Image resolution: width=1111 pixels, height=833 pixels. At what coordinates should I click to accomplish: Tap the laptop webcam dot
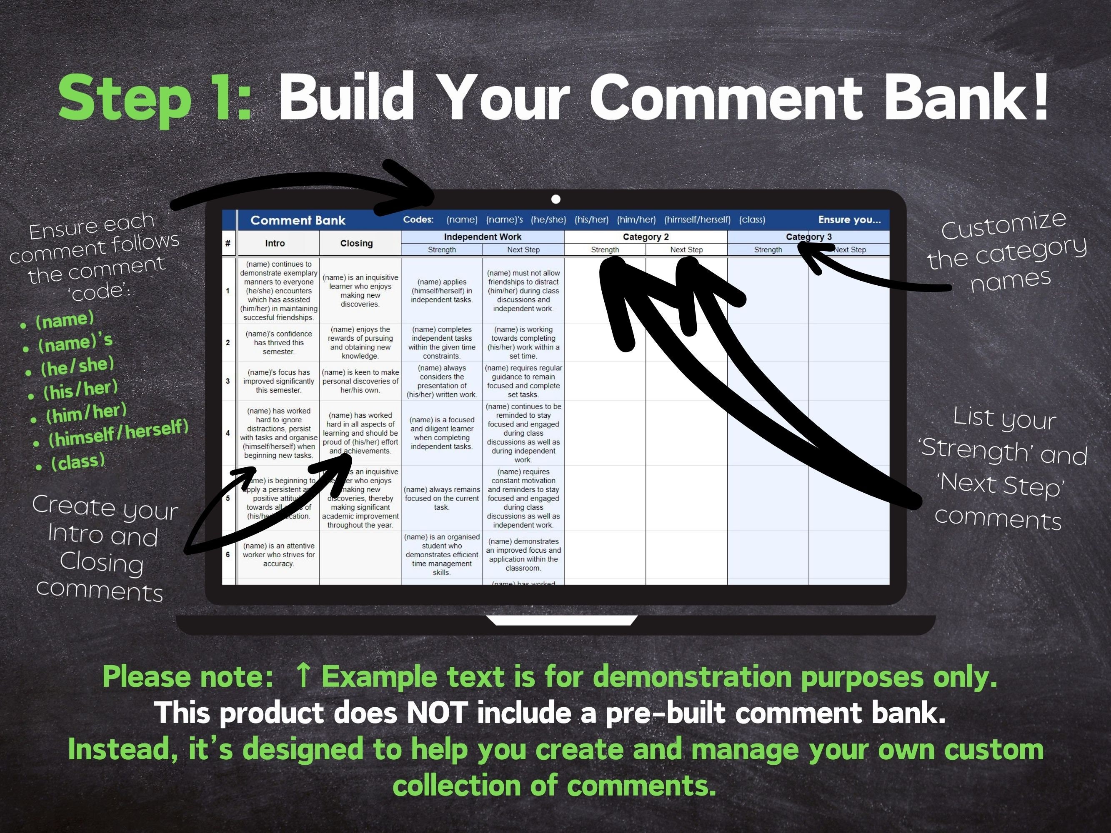click(555, 200)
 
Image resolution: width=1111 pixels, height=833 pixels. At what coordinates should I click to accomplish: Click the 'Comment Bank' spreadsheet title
click(298, 220)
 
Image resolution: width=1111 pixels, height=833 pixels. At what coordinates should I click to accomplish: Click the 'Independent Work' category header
click(482, 237)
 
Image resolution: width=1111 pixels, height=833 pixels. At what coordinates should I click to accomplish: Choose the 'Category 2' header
click(646, 237)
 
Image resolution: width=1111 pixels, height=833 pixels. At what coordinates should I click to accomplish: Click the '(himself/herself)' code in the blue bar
click(697, 220)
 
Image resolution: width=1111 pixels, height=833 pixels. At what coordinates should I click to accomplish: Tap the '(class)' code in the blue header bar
click(752, 220)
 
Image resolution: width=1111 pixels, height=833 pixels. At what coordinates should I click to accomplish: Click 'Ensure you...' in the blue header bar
click(849, 220)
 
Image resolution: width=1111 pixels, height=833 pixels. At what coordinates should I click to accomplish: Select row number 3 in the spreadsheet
click(228, 381)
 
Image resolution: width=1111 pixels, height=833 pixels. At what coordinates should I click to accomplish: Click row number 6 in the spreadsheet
click(228, 555)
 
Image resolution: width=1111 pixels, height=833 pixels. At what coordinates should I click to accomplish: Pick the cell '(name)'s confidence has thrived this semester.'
click(279, 342)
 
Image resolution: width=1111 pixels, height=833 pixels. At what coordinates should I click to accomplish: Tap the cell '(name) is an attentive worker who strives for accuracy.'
click(279, 555)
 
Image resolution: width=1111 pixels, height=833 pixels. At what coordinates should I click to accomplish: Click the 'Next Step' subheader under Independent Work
click(523, 250)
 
